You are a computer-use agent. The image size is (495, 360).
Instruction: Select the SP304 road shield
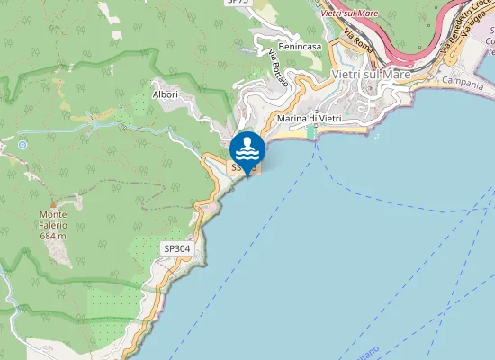[x=176, y=247]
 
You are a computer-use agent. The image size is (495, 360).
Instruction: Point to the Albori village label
[x=166, y=94]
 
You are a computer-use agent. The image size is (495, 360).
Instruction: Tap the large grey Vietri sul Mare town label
[x=371, y=74]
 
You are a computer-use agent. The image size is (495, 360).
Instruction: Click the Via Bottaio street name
[x=279, y=67]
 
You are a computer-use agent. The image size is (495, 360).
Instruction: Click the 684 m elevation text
[x=55, y=235]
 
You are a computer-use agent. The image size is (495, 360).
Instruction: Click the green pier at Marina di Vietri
[x=310, y=133]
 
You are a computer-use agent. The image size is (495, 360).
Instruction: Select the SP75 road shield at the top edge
[x=238, y=3]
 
